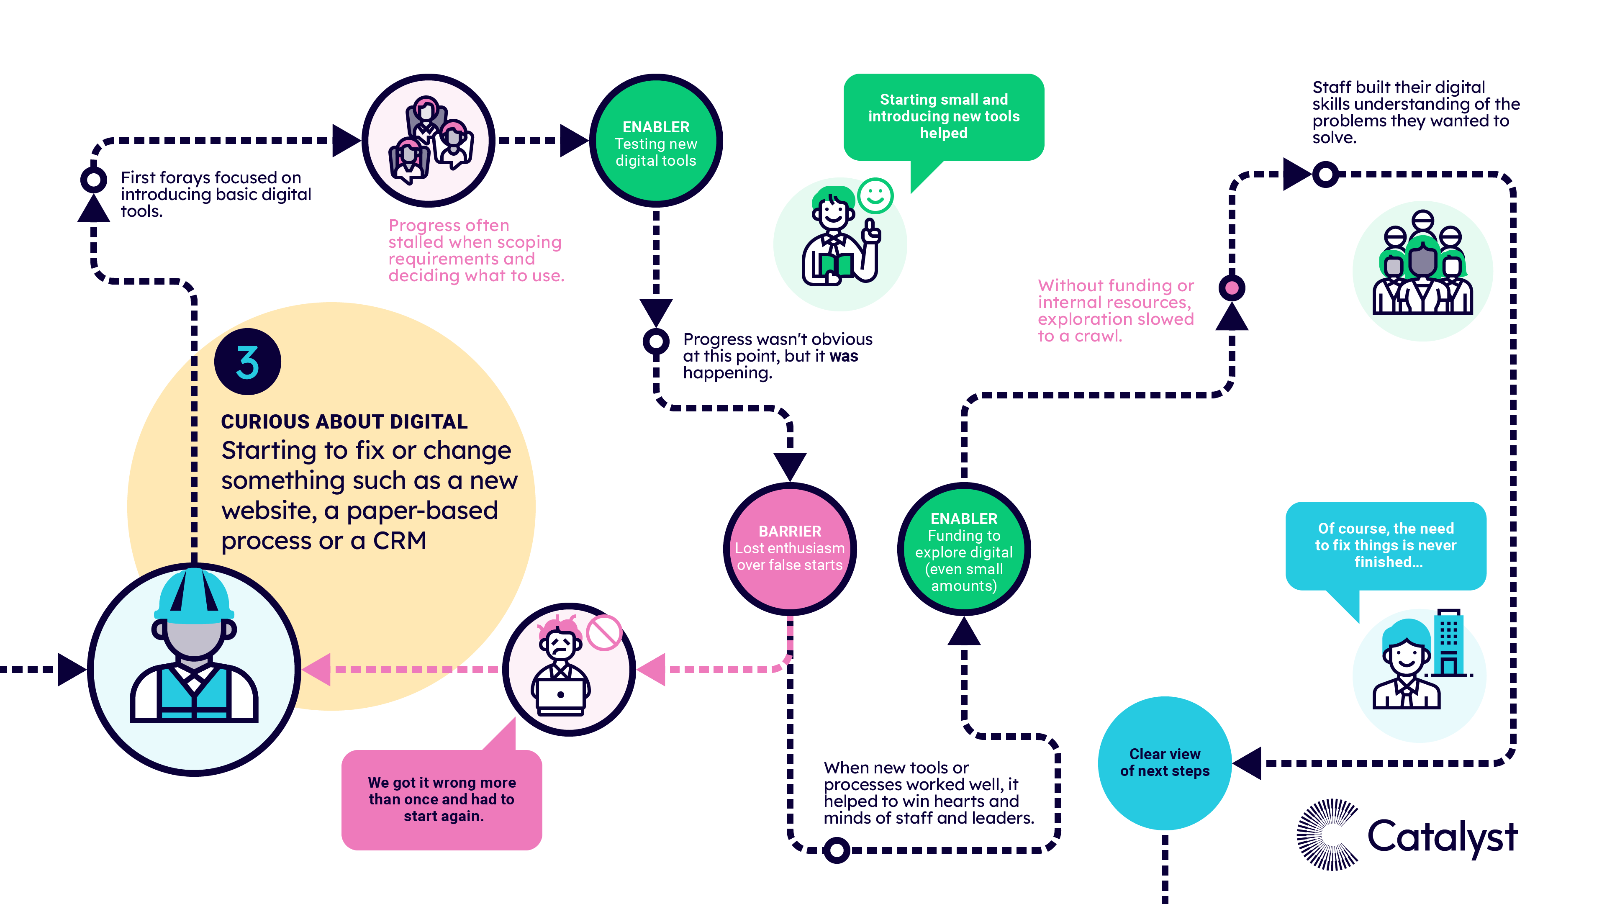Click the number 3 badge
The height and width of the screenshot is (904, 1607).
pos(248,362)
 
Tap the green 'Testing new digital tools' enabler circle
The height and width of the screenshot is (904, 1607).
pos(656,141)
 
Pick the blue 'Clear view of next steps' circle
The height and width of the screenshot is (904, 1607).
pos(1164,763)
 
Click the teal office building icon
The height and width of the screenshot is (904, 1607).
pos(1448,642)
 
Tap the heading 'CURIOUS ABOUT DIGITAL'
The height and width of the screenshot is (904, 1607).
pos(344,422)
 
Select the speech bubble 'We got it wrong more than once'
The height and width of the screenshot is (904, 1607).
pos(442,799)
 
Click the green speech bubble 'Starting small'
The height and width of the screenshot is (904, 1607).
pos(943,117)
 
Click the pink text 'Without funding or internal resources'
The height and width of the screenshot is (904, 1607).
pos(1115,311)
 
